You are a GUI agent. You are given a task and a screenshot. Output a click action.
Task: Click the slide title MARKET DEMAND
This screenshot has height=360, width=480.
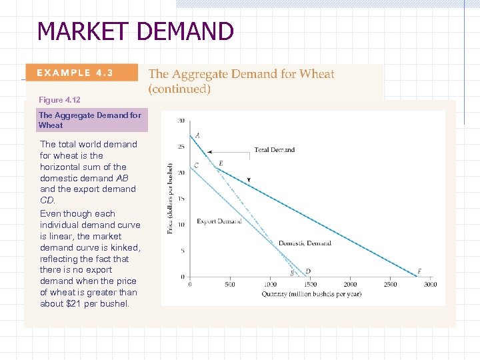click(135, 31)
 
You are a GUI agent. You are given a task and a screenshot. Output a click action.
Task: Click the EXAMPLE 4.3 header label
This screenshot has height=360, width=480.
click(75, 73)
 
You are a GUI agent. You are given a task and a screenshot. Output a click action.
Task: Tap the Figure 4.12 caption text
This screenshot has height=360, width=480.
click(59, 100)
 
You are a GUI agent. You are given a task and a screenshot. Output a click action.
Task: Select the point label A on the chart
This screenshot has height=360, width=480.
click(197, 135)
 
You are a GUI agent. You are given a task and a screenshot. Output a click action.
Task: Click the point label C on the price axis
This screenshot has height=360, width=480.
click(196, 165)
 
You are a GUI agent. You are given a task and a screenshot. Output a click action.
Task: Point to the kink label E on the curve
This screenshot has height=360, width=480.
click(221, 163)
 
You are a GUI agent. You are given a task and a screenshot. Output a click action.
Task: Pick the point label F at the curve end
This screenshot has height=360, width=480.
click(419, 271)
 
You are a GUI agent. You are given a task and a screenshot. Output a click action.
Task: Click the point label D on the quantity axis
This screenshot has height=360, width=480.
click(308, 271)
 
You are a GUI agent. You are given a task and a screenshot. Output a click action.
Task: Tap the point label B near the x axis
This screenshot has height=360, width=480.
click(291, 273)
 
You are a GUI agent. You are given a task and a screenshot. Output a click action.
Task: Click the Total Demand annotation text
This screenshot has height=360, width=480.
click(274, 150)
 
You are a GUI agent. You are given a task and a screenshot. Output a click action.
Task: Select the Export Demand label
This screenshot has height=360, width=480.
click(219, 221)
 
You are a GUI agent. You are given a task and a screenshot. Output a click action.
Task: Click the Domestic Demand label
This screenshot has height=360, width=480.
click(304, 243)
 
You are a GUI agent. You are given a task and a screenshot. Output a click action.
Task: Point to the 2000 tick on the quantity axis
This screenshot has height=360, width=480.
click(350, 285)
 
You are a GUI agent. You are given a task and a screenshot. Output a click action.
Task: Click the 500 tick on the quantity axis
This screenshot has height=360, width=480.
click(229, 285)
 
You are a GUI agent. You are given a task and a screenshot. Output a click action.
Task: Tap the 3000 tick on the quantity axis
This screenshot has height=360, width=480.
click(430, 285)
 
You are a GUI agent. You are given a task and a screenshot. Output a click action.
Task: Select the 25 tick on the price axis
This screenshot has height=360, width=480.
click(181, 147)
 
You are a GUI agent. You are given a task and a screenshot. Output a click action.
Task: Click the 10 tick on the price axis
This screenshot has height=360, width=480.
click(181, 225)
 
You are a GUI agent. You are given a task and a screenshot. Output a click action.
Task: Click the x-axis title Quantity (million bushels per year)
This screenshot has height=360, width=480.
click(311, 294)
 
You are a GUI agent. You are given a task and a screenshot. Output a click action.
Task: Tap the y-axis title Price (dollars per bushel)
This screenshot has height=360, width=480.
click(170, 199)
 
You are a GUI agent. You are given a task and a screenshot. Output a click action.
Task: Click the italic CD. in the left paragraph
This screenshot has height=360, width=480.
click(48, 200)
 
